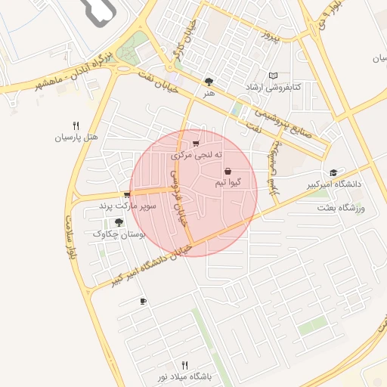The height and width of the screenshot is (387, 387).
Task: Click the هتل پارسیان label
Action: [x=76, y=138]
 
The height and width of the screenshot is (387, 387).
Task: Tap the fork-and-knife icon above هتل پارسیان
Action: [x=76, y=125]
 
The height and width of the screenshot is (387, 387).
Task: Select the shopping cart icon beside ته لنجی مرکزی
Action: [x=197, y=143]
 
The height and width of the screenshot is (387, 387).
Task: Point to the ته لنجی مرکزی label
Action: [x=197, y=155]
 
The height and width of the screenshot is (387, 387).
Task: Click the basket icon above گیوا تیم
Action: [x=228, y=172]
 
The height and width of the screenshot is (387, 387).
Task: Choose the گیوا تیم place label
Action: [x=228, y=183]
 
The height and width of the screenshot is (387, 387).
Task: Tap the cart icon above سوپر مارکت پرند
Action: [x=127, y=194]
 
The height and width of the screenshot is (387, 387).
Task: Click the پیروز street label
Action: [x=271, y=36]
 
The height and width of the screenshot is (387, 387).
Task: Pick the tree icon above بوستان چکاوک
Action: [x=119, y=222]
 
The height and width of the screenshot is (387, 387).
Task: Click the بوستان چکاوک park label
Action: [x=119, y=234]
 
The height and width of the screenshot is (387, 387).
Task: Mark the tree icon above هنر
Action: [x=209, y=81]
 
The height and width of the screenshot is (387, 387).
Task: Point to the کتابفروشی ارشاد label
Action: [x=273, y=88]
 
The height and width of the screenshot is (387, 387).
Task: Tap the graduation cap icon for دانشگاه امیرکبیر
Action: [x=333, y=172]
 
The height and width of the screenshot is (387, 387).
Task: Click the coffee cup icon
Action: [x=143, y=302]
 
